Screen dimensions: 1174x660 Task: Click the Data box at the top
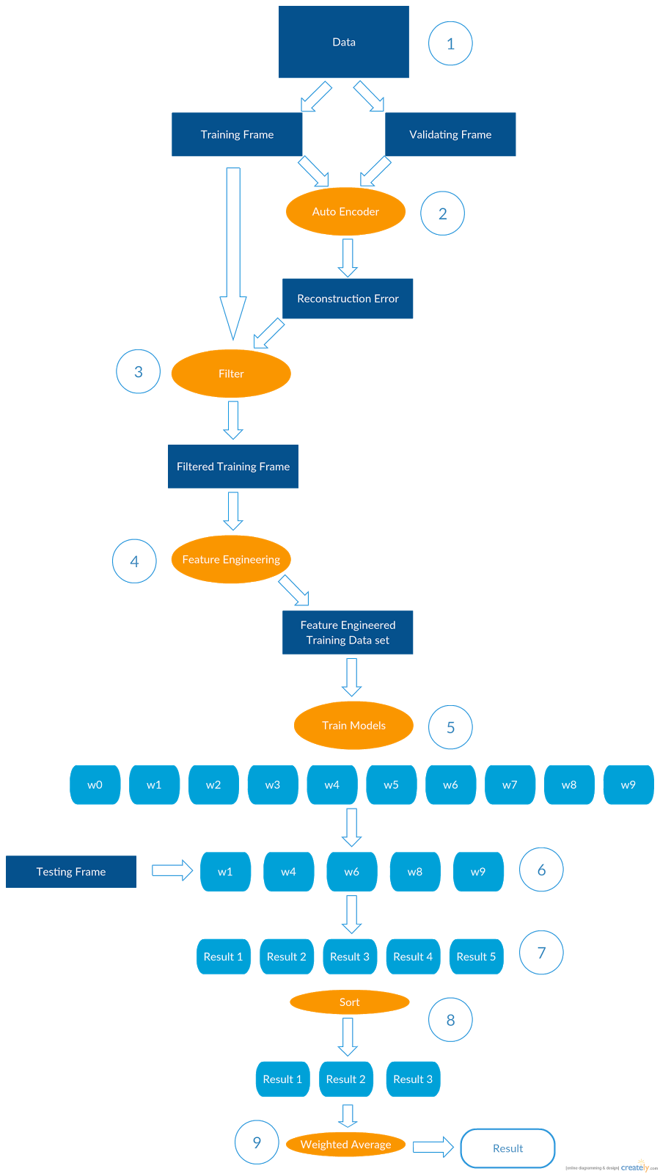[343, 42]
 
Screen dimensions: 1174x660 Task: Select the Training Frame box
[237, 134]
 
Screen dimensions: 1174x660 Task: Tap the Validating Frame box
[450, 134]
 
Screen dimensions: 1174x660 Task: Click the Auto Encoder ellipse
[345, 211]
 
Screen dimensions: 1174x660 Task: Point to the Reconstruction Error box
[348, 299]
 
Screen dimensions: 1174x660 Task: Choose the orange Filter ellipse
[231, 373]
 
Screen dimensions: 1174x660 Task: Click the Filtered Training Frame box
[233, 467]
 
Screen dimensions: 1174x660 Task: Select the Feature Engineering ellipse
[231, 559]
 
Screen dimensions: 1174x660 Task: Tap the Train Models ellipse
[353, 726]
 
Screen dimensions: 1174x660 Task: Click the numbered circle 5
[450, 727]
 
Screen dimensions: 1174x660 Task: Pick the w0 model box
[95, 785]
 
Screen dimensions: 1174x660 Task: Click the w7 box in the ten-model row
[510, 785]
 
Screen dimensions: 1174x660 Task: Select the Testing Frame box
[71, 872]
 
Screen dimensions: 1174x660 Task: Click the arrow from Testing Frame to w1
[172, 870]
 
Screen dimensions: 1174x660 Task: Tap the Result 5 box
[476, 957]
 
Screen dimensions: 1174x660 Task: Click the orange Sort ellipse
[349, 1002]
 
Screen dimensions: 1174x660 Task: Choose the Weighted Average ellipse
[345, 1145]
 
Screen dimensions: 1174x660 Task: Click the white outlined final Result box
[507, 1148]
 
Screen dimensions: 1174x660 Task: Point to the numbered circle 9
[257, 1142]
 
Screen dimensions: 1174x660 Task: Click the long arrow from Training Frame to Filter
[233, 249]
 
